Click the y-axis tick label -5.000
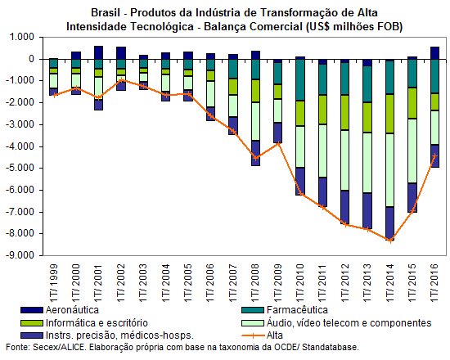21,168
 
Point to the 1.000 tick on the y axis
23,37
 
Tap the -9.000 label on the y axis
21,255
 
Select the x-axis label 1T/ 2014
390,283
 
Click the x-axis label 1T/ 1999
54,283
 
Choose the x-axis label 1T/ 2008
256,283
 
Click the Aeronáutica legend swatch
32,310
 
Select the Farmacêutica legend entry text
297,310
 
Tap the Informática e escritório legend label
97,323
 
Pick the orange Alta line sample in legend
253,335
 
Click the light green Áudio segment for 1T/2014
390,170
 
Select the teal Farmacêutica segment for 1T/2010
300,80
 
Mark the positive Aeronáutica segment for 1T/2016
435,53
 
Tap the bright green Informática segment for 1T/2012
345,113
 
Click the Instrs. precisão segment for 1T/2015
413,198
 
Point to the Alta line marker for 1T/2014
390,241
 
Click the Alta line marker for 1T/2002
121,80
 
